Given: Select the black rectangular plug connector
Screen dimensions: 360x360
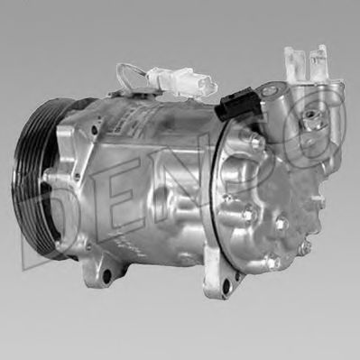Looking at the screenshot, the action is [240, 104].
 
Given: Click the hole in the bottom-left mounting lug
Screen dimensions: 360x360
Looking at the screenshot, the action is [106, 274].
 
